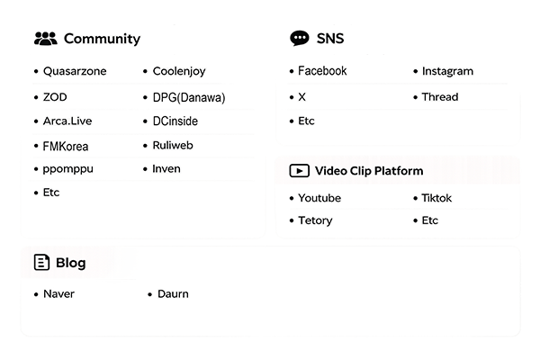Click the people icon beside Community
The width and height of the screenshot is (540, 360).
[x=46, y=39]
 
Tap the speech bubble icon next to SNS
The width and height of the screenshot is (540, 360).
[x=300, y=38]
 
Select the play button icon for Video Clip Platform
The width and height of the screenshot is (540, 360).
[x=300, y=171]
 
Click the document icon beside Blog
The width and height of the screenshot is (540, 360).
[x=41, y=263]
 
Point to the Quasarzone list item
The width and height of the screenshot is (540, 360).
[x=75, y=71]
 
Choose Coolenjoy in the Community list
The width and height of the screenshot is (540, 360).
[x=179, y=71]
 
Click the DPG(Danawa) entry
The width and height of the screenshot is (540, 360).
[x=189, y=97]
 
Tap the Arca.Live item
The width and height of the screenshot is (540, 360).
[x=67, y=121]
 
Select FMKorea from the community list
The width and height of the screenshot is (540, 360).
[x=66, y=147]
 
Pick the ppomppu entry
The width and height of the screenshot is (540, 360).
[x=67, y=169]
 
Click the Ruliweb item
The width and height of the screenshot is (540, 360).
[x=173, y=146]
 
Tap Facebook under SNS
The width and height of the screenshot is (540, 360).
[x=322, y=71]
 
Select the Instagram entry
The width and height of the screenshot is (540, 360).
[x=447, y=71]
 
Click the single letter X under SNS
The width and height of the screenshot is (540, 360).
[x=302, y=97]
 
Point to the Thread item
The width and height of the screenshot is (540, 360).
[x=440, y=97]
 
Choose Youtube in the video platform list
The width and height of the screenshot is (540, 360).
[x=319, y=198]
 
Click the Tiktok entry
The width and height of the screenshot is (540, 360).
[x=436, y=198]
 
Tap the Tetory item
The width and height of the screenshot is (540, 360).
[x=315, y=220]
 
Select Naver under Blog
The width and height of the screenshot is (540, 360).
[x=58, y=294]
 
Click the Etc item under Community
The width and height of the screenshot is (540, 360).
[x=51, y=193]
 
